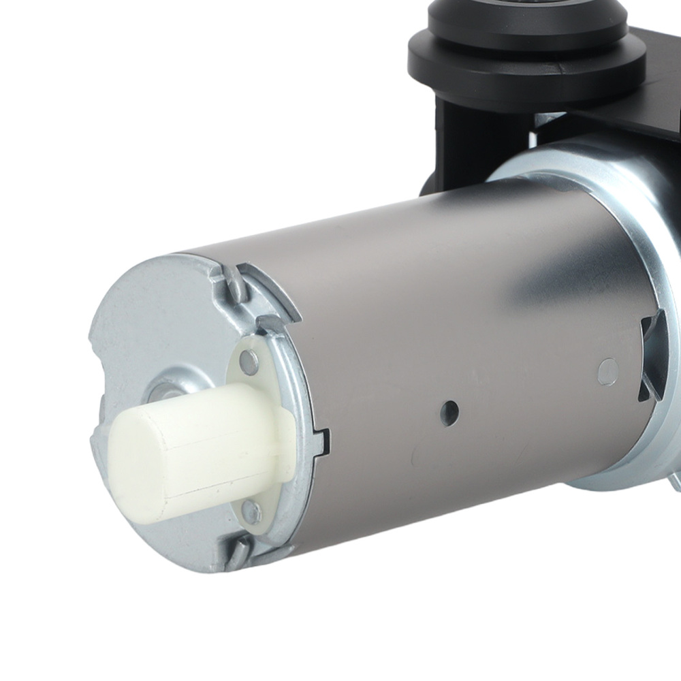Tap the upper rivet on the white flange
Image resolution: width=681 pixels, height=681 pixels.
point(249,362)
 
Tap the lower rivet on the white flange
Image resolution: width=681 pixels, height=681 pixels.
point(251,508)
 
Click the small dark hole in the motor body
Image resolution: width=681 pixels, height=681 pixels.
point(448,409)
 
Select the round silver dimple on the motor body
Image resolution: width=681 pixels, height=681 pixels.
point(607,370)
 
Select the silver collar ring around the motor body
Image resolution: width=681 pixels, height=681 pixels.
point(640,225)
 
